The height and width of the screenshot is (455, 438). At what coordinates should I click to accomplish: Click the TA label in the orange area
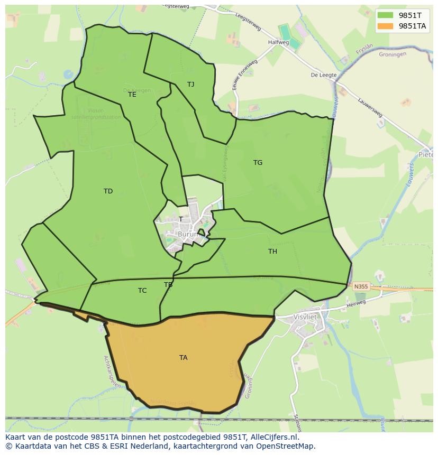click(183, 358)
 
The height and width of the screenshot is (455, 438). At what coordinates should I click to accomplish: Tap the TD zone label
click(108, 191)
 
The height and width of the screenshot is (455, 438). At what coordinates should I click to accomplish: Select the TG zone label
click(258, 163)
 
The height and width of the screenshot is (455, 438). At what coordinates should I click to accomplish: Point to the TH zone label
click(272, 252)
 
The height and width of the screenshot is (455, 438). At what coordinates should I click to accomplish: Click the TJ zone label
click(190, 85)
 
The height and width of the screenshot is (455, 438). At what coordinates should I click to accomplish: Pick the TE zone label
click(132, 95)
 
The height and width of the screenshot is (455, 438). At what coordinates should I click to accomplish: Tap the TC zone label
click(142, 291)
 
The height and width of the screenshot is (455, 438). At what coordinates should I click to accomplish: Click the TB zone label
click(168, 285)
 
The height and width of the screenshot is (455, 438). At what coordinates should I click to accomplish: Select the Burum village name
click(187, 234)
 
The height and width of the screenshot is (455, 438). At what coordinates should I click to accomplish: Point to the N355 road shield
click(361, 286)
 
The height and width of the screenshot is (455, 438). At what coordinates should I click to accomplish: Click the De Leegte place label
click(324, 75)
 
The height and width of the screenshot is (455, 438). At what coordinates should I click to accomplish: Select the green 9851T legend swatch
click(386, 15)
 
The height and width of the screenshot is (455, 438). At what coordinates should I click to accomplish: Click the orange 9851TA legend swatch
click(386, 26)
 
